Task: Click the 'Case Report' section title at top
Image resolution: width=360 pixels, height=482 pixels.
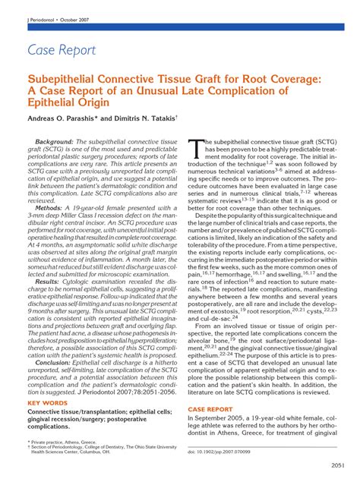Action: pyautogui.click(x=62, y=50)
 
